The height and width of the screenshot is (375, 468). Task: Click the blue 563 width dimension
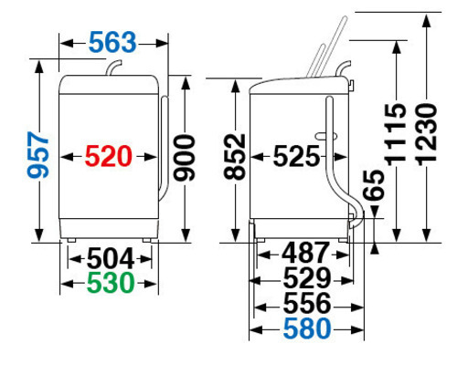pyautogui.click(x=112, y=42)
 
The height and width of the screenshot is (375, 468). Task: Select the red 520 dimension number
pyautogui.click(x=108, y=156)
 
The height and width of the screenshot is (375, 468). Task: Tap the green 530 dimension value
pyautogui.click(x=111, y=283)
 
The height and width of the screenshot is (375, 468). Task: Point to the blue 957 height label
pyautogui.click(x=38, y=155)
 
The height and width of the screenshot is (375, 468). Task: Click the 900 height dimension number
pyautogui.click(x=184, y=158)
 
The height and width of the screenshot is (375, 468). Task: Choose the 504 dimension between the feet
pyautogui.click(x=111, y=258)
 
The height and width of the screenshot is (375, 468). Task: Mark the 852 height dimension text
pyautogui.click(x=235, y=157)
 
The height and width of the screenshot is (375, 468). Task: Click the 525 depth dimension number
pyautogui.click(x=296, y=156)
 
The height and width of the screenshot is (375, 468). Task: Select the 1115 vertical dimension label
pyautogui.click(x=396, y=134)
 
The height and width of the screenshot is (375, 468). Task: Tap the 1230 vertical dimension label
pyautogui.click(x=427, y=134)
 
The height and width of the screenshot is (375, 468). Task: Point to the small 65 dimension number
pyautogui.click(x=374, y=185)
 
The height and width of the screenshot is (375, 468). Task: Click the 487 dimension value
pyautogui.click(x=305, y=253)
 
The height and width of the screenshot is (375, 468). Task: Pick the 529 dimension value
pyautogui.click(x=307, y=277)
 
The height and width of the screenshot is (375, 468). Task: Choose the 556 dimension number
pyautogui.click(x=307, y=303)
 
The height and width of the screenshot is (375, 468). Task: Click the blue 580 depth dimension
pyautogui.click(x=307, y=328)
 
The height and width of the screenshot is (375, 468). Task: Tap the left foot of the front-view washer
pyautogui.click(x=71, y=240)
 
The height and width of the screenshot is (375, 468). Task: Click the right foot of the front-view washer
pyautogui.click(x=146, y=240)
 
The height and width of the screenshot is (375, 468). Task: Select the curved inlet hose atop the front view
pyautogui.click(x=113, y=68)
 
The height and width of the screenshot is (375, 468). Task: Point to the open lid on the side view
pyautogui.click(x=327, y=47)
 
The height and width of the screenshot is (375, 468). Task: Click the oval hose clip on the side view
pyautogui.click(x=326, y=136)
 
